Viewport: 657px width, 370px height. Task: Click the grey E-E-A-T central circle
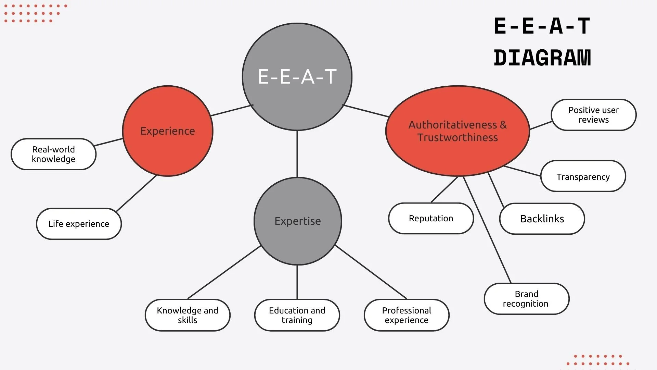(x=297, y=77)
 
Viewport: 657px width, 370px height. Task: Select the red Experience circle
(x=168, y=131)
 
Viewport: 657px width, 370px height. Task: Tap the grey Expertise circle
(x=298, y=221)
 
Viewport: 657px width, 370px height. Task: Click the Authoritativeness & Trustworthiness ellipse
(x=458, y=131)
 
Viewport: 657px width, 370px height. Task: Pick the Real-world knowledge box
(x=53, y=154)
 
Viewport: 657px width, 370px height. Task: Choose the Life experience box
(x=79, y=224)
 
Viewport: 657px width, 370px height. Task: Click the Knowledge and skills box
(x=188, y=315)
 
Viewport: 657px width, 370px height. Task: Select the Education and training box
(x=297, y=315)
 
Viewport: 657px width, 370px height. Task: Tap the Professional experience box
(x=407, y=315)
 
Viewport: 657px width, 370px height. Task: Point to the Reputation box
(x=431, y=219)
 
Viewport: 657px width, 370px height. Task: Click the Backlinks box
(x=542, y=219)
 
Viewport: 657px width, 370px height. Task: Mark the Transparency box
(x=583, y=177)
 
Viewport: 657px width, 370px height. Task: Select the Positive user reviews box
(x=594, y=115)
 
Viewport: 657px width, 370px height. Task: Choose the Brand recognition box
(x=526, y=299)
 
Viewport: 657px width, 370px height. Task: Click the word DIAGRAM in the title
(x=542, y=58)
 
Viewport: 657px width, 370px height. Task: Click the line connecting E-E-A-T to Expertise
(x=297, y=154)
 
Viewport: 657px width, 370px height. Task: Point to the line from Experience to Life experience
(x=136, y=194)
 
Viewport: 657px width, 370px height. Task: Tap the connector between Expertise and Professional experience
(x=371, y=272)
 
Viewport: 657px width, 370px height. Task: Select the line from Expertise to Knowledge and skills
(x=224, y=272)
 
